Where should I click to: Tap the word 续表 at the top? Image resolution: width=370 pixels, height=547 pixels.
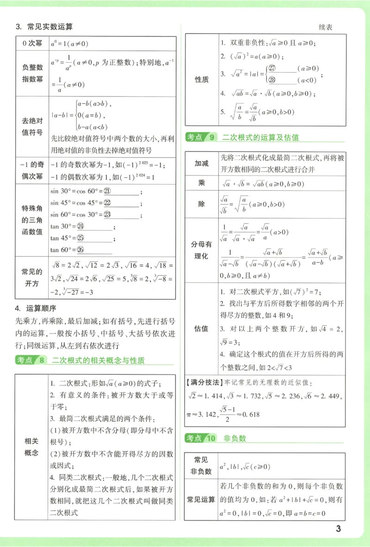326,27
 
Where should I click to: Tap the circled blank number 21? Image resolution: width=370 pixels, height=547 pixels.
108,191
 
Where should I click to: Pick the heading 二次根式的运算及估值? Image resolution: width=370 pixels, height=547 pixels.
260,137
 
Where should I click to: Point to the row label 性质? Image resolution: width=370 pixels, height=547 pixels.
202,79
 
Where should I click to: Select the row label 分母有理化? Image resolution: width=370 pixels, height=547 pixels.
202,250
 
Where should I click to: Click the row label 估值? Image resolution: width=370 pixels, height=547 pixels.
202,329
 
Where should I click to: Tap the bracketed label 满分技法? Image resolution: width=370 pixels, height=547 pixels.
204,383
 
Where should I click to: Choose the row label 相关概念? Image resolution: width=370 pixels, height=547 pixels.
31,446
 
